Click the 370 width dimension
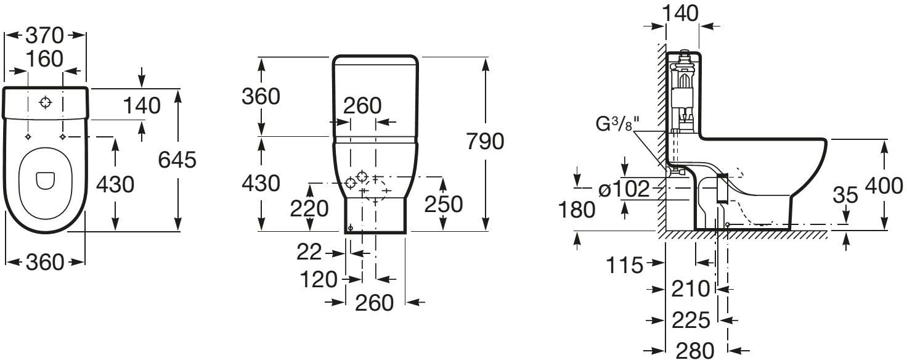45,35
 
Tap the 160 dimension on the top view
45,59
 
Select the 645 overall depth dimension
177,160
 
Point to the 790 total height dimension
485,141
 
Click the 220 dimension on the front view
309,209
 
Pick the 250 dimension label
444,204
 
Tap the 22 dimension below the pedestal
309,252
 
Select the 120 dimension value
319,279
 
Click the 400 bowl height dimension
884,186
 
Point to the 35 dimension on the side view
845,195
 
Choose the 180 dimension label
577,210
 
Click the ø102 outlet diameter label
624,189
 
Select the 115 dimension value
624,266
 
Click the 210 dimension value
691,288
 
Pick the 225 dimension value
691,320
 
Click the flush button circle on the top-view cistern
46,103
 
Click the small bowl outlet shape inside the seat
46,181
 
